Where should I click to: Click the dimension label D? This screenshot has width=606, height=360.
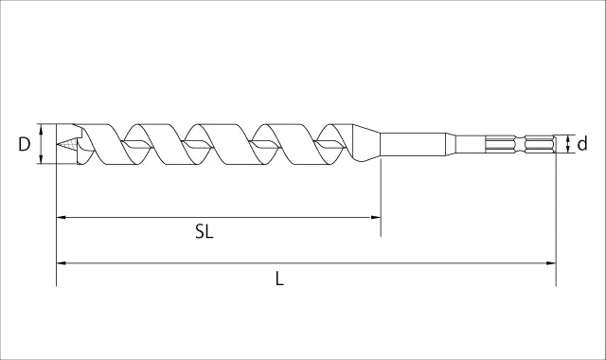(24, 144)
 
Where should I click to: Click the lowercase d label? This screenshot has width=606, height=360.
(582, 143)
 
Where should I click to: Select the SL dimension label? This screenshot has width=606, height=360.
(205, 231)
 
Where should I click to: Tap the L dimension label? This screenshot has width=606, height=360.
(279, 279)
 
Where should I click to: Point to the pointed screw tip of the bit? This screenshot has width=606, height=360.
(57, 144)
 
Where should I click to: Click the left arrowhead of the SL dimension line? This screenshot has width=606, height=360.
(61, 217)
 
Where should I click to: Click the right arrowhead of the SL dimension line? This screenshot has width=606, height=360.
(376, 217)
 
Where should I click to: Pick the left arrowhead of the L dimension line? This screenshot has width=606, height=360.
(61, 263)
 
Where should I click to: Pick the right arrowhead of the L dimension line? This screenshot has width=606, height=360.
(551, 263)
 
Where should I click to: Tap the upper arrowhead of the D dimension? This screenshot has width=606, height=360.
(41, 128)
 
